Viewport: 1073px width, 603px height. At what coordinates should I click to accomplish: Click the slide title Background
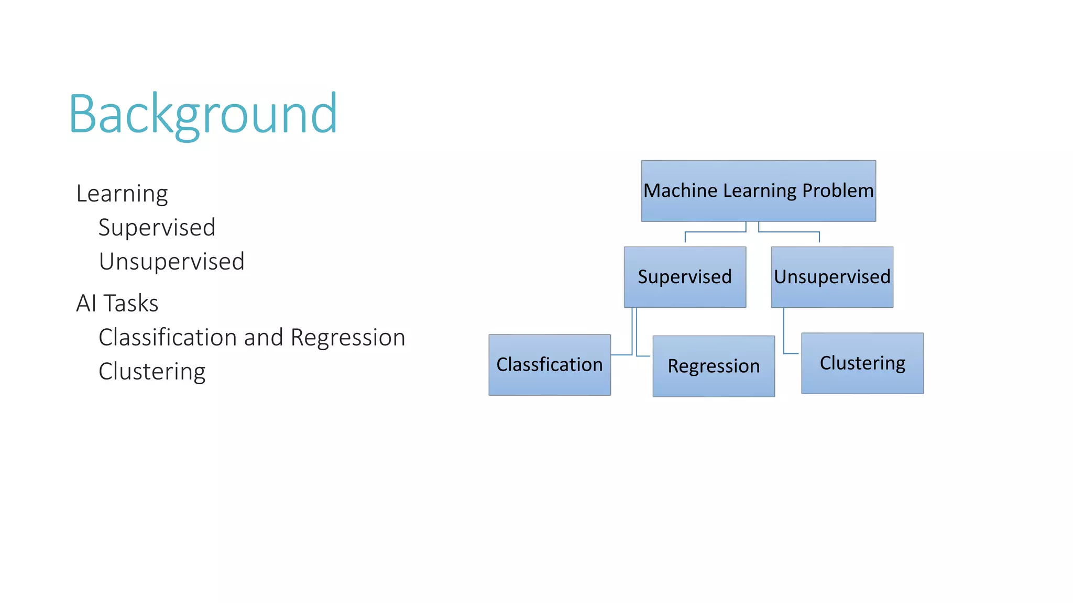pos(203,114)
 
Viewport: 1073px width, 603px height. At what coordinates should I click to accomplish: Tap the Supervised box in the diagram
pos(684,277)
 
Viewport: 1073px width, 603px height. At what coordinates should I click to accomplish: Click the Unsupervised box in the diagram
pos(831,277)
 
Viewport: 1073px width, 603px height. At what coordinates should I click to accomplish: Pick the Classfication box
pos(549,365)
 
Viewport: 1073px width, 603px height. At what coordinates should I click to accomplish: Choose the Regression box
pos(713,366)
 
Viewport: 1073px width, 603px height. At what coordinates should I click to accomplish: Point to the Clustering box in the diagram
pos(862,363)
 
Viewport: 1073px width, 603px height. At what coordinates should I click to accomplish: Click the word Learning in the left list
pos(122,194)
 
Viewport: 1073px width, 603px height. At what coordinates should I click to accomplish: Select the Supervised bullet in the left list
pos(157,228)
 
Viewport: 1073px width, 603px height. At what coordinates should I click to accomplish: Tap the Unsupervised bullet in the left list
pos(171,262)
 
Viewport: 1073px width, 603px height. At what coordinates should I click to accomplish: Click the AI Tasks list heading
pos(117,304)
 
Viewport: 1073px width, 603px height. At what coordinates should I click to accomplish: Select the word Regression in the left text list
pos(347,338)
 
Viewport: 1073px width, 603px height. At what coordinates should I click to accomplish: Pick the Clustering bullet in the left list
pos(152,372)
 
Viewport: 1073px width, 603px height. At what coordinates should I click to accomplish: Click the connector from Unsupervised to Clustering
pos(784,335)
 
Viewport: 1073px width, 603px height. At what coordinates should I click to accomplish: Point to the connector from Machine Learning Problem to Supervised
pos(715,232)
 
